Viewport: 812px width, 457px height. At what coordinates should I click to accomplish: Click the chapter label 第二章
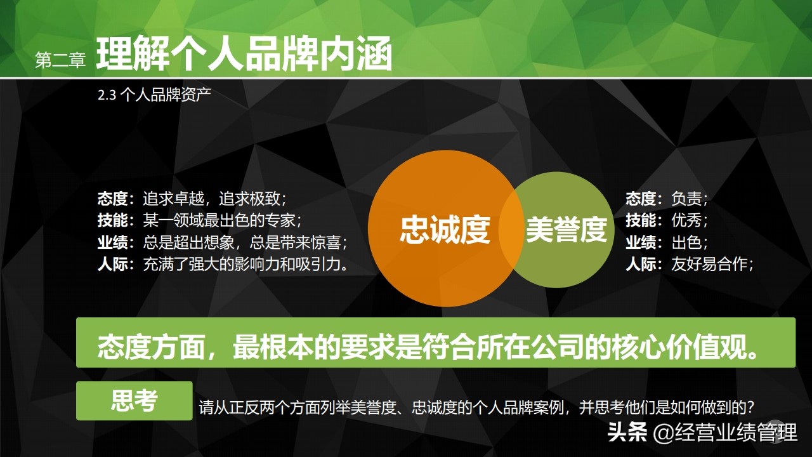pos(60,60)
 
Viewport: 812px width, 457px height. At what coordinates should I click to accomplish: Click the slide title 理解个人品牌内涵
pos(244,54)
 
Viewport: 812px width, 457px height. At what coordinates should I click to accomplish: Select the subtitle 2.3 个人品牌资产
pos(154,95)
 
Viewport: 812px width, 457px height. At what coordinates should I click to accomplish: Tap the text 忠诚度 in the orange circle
pos(445,230)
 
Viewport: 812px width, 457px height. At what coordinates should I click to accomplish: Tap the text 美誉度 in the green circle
pos(566,230)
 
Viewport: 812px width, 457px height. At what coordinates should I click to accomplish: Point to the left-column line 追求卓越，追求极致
pos(219,199)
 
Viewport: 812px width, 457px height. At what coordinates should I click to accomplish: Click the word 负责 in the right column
pos(687,199)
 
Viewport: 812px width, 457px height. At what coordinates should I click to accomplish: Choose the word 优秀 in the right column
pos(687,220)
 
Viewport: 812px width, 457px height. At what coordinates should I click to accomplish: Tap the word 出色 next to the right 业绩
pos(687,242)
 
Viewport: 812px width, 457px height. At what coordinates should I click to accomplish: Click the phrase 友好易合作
pos(710,263)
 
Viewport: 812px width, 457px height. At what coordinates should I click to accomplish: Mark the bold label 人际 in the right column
pos(641,263)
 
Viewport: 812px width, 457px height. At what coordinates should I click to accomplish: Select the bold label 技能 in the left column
pos(113,220)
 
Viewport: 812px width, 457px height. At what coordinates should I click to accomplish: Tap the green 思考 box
pos(134,401)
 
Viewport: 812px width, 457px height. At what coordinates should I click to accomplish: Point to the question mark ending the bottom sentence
pos(750,407)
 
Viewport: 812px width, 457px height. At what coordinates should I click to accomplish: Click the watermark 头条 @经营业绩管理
pos(702,433)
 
